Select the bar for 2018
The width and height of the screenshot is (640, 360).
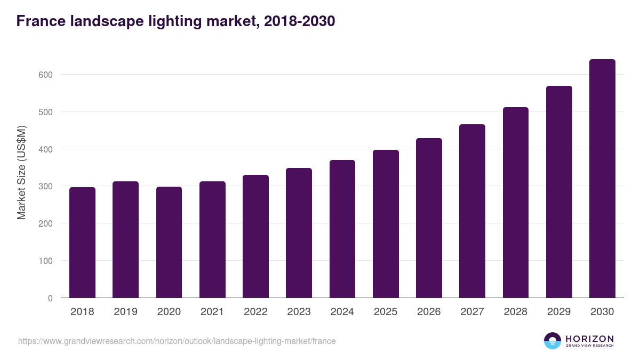tap(82, 243)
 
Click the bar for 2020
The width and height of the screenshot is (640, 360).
tap(169, 242)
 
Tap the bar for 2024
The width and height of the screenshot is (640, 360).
tap(342, 229)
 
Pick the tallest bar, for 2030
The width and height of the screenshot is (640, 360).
tap(602, 179)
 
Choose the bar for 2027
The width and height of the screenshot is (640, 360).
tap(472, 211)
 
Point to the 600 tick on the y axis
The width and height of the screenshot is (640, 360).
tap(46, 75)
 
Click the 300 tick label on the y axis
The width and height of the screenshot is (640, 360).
tap(46, 187)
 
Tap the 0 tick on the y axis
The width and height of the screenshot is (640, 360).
tap(50, 298)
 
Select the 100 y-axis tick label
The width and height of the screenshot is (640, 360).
tap(46, 261)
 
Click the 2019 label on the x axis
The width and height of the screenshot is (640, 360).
tap(125, 312)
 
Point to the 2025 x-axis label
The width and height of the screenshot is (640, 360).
tap(386, 312)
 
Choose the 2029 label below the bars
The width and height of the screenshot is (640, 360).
tap(559, 312)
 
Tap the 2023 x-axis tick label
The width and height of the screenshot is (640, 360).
tap(299, 312)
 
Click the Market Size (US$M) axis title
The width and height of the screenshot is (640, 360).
tap(21, 172)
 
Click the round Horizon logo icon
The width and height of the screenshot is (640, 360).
tap(553, 341)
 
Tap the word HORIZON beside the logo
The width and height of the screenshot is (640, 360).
tap(589, 338)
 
